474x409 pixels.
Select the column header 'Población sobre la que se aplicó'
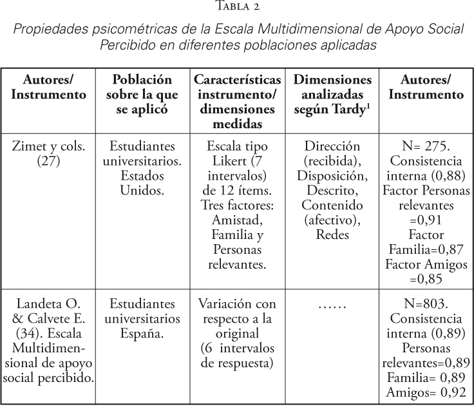coord(142,94)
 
